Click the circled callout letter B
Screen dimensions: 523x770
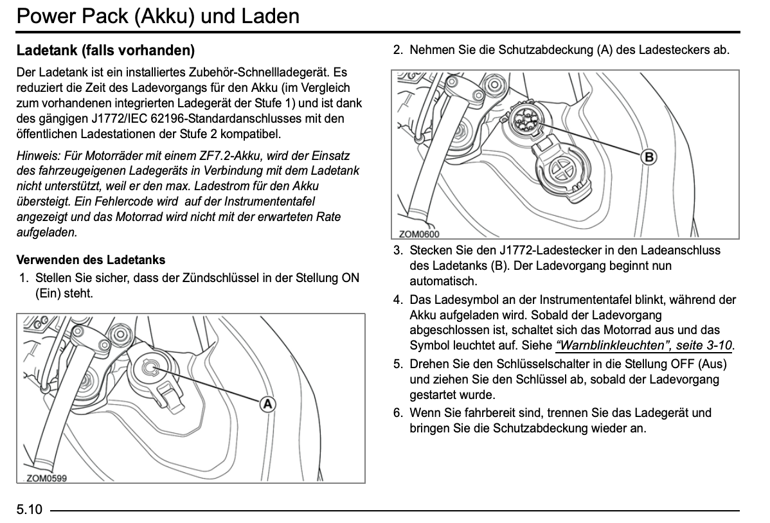(x=649, y=157)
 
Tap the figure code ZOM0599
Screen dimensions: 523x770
(x=46, y=478)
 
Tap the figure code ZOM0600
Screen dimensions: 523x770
(x=419, y=235)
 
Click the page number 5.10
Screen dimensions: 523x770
(x=29, y=510)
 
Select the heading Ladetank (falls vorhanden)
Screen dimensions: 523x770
(x=105, y=50)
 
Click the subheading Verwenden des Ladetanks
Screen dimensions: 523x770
(x=91, y=260)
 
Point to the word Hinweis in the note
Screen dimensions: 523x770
(x=37, y=155)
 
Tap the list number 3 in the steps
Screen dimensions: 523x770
(x=398, y=251)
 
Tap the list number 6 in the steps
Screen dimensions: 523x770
(x=398, y=413)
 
